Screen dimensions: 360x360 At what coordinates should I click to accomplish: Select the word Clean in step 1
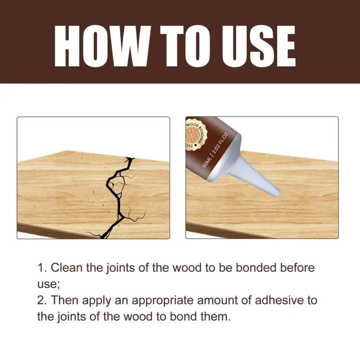(x=65, y=268)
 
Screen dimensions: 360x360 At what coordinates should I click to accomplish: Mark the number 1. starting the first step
(x=41, y=268)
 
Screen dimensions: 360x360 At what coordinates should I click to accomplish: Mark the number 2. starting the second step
(x=41, y=300)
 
